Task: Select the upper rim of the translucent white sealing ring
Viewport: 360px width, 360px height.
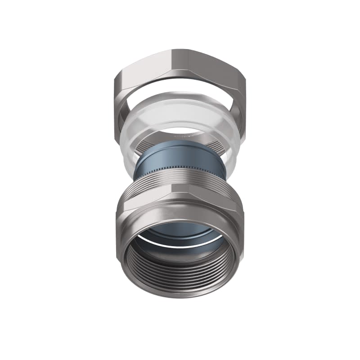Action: (x=180, y=97)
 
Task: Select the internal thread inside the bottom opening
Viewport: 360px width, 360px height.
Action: (x=180, y=274)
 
